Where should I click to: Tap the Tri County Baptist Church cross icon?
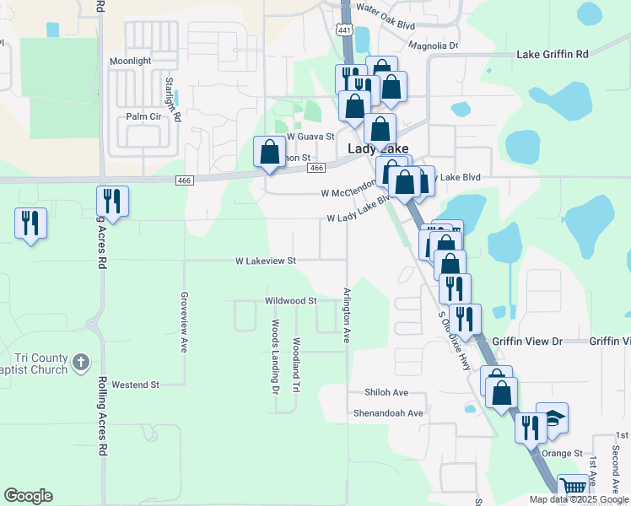point(80,363)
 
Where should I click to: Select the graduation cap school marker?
point(553,417)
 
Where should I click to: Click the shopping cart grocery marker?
point(573,487)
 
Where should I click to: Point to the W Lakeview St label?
point(266,261)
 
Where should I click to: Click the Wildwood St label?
point(290,300)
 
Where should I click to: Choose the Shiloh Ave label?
point(386,393)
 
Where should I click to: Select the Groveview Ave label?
point(183,322)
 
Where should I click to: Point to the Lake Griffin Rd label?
point(552,55)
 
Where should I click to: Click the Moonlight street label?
point(131,62)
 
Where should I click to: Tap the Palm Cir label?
point(143,116)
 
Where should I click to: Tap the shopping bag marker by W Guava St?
point(270,153)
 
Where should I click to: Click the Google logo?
point(28,496)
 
